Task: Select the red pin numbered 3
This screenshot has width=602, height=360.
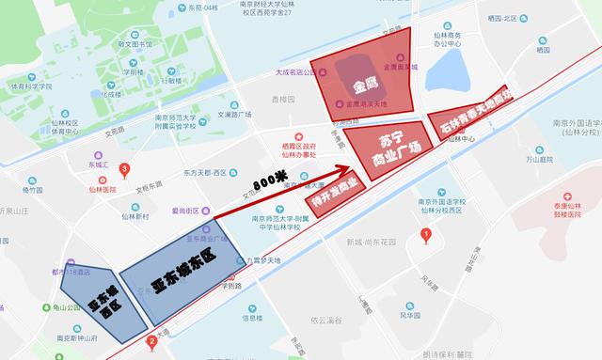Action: [125, 168]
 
